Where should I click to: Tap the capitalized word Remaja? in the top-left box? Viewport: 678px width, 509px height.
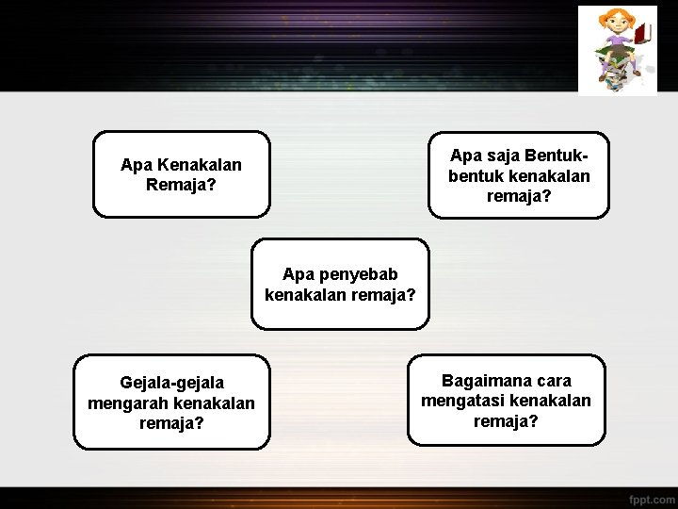point(181,185)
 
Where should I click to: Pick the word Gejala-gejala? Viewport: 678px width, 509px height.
point(171,383)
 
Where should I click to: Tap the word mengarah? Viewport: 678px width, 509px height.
point(124,403)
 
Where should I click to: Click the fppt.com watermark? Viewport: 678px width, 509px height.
point(652,497)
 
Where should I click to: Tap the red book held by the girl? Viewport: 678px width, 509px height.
point(643,35)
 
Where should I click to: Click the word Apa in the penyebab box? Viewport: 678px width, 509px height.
point(298,274)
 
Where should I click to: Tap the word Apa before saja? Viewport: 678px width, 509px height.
point(465,155)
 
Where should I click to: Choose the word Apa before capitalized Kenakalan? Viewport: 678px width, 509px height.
point(136,165)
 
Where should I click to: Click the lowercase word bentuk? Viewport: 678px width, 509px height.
point(476,176)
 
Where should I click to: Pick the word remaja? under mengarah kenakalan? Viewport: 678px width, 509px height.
point(171,423)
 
